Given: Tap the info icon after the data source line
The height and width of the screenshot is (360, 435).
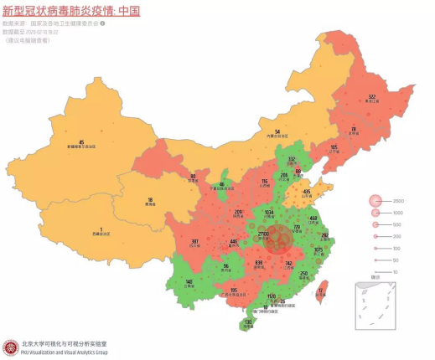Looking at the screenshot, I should click(103, 24).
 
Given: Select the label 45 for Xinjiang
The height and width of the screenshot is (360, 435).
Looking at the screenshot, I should click(81, 142).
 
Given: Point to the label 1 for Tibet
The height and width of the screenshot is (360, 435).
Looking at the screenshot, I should click(101, 229).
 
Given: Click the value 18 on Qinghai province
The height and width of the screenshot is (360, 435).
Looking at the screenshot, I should click(150, 200).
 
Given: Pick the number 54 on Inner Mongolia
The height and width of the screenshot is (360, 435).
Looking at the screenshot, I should click(277, 131).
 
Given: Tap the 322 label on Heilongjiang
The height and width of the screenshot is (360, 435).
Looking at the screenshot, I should click(371, 97).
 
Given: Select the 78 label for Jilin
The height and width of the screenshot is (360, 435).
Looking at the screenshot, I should click(353, 129).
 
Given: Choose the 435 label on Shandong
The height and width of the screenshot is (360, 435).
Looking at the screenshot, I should click(307, 192).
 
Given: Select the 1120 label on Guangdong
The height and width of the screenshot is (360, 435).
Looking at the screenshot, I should click(271, 296).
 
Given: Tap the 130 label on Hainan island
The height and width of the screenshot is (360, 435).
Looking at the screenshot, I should click(248, 321).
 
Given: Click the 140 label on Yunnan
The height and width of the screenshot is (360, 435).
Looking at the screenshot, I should click(189, 281).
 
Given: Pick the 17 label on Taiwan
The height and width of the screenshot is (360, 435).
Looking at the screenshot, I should click(322, 291).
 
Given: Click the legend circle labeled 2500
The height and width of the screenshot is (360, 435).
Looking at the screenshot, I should click(375, 201).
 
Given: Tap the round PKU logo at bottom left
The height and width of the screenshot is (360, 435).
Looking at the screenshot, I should click(11, 347).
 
